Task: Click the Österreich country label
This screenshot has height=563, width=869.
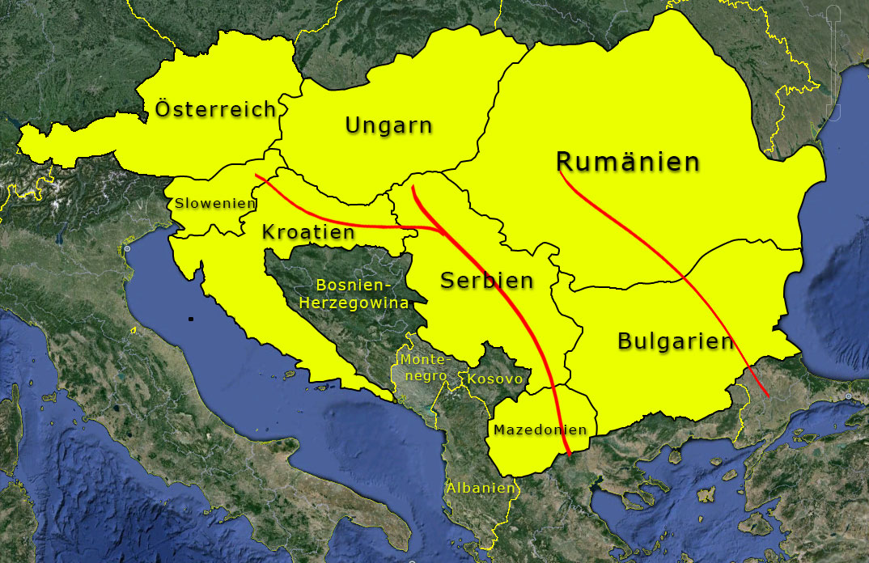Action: point(215,110)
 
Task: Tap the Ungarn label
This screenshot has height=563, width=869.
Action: point(388,125)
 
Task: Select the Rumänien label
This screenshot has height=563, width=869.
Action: point(628,162)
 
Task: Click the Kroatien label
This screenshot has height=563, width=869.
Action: point(307,233)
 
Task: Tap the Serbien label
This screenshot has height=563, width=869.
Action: point(486,281)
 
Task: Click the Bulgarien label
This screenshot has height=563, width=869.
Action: point(675,341)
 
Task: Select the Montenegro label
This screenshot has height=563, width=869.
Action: point(424,367)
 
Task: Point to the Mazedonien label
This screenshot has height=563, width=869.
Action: point(540,430)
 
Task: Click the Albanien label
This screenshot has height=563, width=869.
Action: point(480,488)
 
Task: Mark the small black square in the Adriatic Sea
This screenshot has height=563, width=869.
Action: point(191,319)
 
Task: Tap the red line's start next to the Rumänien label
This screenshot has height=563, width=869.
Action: point(560,171)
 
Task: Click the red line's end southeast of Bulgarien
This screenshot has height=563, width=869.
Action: point(767,396)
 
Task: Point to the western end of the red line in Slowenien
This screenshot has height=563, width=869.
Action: point(255,176)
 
